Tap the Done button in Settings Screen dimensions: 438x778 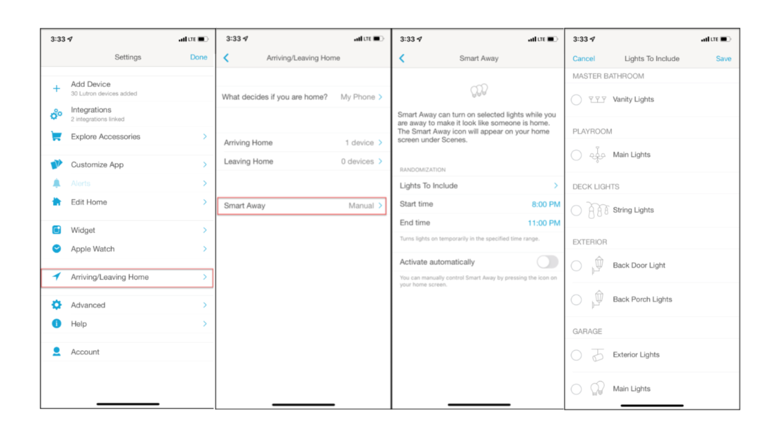tap(198, 57)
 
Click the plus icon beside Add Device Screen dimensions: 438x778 tap(56, 88)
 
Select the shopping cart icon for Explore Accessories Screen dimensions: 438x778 tap(56, 137)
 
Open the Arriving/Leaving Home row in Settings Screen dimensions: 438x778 tap(127, 277)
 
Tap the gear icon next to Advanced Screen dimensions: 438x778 tap(56, 305)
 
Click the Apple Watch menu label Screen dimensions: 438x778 tap(93, 249)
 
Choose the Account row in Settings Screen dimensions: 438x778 tap(85, 352)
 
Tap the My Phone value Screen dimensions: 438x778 tap(358, 97)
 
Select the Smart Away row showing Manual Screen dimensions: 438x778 tap(302, 206)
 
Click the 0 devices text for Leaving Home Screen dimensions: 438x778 tap(357, 162)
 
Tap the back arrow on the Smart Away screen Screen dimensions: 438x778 tap(402, 58)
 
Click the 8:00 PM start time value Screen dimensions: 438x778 tap(545, 204)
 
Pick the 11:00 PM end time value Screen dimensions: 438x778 tap(544, 223)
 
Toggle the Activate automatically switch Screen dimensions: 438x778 tap(547, 262)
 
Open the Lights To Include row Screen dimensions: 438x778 tap(478, 186)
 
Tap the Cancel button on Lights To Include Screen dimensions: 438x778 tap(583, 58)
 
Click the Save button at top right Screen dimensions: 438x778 tap(723, 58)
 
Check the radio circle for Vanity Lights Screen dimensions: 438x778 tap(576, 100)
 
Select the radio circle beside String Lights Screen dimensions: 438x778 tap(576, 210)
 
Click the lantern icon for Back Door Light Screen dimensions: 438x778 tap(598, 265)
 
